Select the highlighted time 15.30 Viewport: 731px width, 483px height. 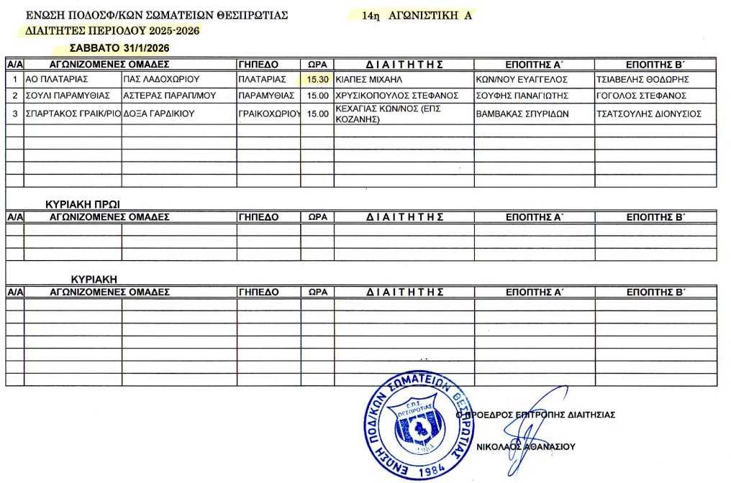[x=317, y=79]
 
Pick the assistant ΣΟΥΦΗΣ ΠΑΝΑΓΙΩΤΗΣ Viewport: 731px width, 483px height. [x=522, y=96]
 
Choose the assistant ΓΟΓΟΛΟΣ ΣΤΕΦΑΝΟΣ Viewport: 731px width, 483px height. [x=641, y=96]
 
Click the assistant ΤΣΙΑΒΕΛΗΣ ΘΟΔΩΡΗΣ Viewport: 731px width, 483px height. [x=643, y=79]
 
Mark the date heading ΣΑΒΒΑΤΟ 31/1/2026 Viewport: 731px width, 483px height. [x=120, y=47]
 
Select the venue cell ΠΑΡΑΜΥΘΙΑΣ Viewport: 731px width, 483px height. [x=266, y=96]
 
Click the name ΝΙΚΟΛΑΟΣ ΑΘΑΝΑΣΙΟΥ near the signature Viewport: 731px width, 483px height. [x=527, y=446]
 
